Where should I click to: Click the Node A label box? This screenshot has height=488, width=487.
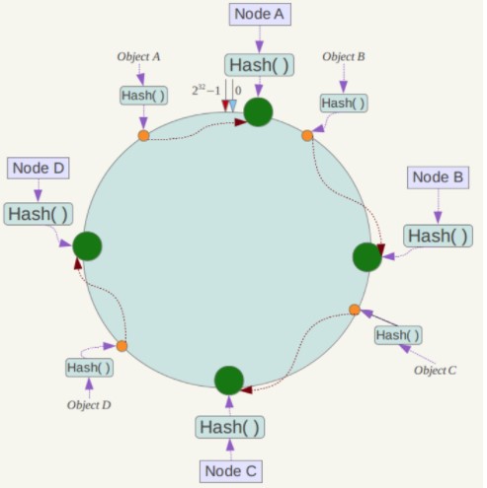pyautogui.click(x=260, y=14)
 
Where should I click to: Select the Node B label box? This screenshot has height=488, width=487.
pyautogui.click(x=438, y=177)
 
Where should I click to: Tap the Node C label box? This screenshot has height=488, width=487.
pyautogui.click(x=231, y=471)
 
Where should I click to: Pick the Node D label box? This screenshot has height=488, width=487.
pyautogui.click(x=39, y=168)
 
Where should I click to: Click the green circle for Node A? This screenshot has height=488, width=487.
pyautogui.click(x=258, y=112)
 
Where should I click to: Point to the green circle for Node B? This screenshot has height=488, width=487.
pyautogui.click(x=367, y=257)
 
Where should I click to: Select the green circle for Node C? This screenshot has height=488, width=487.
pyautogui.click(x=229, y=381)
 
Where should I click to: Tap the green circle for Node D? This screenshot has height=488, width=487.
pyautogui.click(x=87, y=246)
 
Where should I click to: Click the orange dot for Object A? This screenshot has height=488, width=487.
pyautogui.click(x=143, y=135)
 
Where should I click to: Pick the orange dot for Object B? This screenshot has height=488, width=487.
pyautogui.click(x=307, y=135)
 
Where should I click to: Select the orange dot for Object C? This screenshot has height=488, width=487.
pyautogui.click(x=355, y=310)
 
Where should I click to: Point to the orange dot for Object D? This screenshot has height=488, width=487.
pyautogui.click(x=122, y=346)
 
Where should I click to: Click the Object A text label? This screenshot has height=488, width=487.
pyautogui.click(x=138, y=56)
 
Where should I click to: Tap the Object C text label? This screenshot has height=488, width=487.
pyautogui.click(x=435, y=371)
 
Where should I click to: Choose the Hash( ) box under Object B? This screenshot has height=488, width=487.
pyautogui.click(x=344, y=104)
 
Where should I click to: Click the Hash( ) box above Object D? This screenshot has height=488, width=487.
pyautogui.click(x=89, y=368)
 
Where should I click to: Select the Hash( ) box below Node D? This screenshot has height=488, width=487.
pyautogui.click(x=39, y=214)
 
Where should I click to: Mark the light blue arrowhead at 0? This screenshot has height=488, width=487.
pyautogui.click(x=233, y=105)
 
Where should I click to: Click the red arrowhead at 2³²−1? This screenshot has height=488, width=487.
pyautogui.click(x=225, y=105)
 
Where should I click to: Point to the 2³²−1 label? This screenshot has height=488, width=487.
pyautogui.click(x=205, y=90)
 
